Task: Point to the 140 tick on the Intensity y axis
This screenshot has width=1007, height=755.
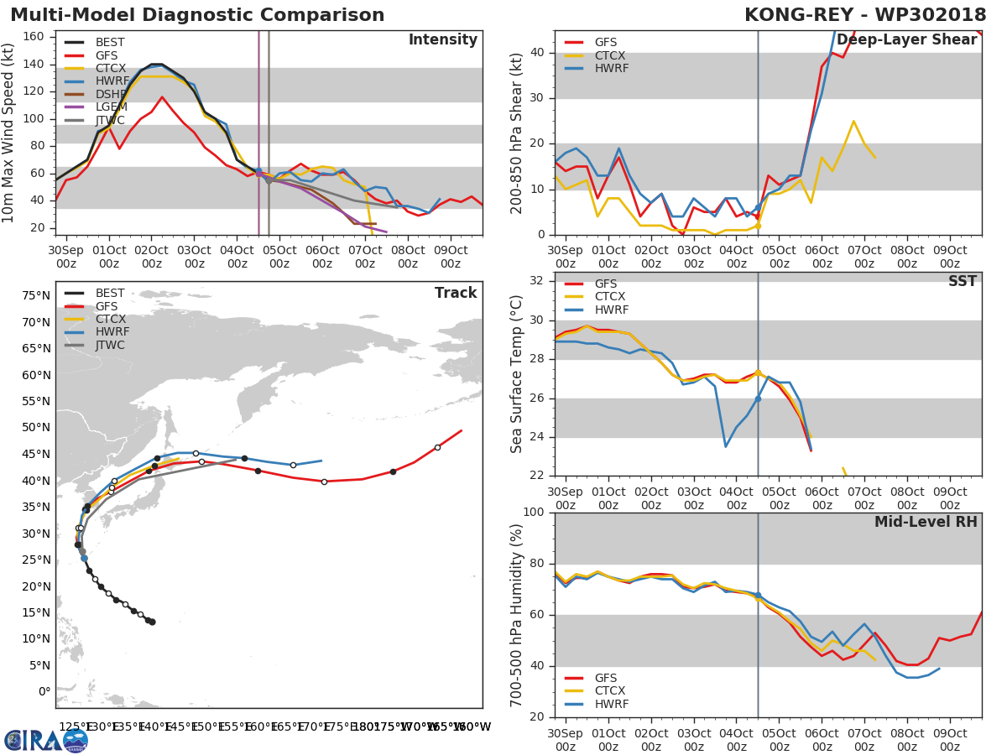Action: tap(34, 64)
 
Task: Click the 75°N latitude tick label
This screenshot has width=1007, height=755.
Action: tap(36, 295)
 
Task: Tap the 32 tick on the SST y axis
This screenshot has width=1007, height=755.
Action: tap(539, 281)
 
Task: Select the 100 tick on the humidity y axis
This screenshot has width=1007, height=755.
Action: tap(535, 513)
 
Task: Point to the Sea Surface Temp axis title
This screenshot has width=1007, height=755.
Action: tap(517, 373)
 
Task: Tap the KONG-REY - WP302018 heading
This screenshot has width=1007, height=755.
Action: tap(864, 15)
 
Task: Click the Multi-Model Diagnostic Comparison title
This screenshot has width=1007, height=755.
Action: tap(197, 15)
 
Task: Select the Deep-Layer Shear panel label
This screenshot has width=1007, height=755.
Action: tap(906, 40)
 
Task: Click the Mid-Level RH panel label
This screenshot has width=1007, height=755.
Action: tap(926, 522)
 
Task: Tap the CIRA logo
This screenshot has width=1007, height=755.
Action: tap(46, 740)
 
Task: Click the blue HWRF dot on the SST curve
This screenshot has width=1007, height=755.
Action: tap(758, 398)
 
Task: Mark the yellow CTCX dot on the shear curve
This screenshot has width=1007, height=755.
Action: tap(758, 226)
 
